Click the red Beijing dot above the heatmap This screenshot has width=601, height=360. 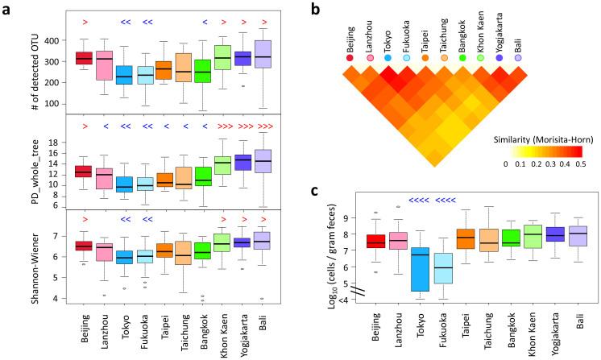pyautogui.click(x=348, y=57)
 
